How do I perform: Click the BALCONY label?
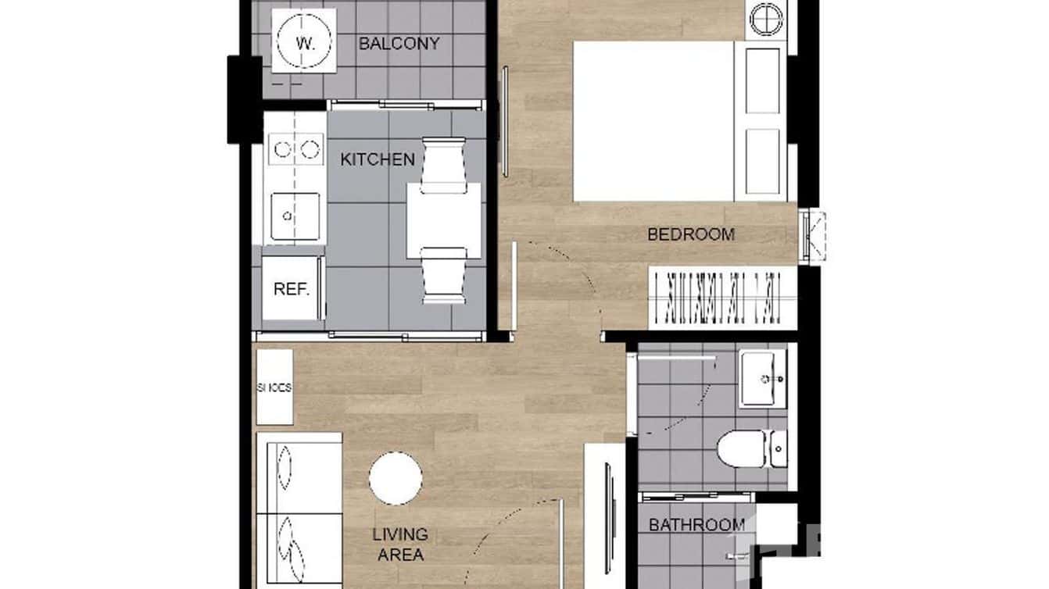click(x=399, y=44)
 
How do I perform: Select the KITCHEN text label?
click(x=378, y=159)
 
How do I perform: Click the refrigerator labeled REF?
click(x=292, y=289)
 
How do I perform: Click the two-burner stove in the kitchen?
click(x=295, y=148)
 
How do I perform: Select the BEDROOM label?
click(x=691, y=234)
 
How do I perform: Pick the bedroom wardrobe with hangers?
click(x=722, y=298)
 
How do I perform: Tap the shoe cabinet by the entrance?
click(x=274, y=387)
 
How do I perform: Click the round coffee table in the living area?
click(x=396, y=478)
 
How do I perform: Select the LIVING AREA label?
click(x=399, y=544)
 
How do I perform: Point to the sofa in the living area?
click(x=299, y=508)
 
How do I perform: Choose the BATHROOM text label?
click(x=696, y=525)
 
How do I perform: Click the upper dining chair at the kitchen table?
click(x=443, y=165)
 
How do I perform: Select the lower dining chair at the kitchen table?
click(x=443, y=275)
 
